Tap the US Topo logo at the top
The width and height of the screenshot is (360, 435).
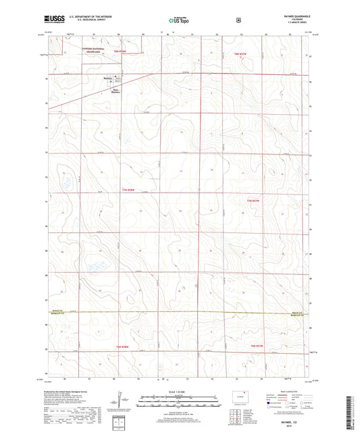[x=178, y=21]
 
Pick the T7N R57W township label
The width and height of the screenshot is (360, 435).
[x=254, y=201]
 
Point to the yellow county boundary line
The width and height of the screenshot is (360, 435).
[x=182, y=313]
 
